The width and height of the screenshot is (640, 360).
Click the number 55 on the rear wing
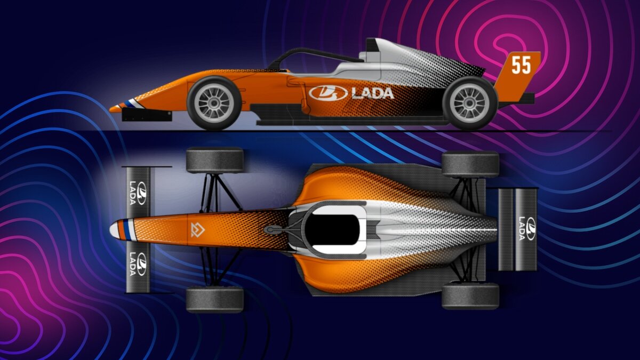click(x=521, y=65)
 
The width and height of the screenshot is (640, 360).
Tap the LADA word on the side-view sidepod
click(x=373, y=93)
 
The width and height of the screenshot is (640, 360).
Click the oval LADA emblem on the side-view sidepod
click(x=328, y=93)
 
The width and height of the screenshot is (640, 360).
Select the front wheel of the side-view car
click(x=214, y=103)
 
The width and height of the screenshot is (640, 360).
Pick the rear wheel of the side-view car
click(x=470, y=103)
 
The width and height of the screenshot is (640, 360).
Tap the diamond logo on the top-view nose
click(x=198, y=230)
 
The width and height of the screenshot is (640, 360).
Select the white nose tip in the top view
click(x=114, y=230)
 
